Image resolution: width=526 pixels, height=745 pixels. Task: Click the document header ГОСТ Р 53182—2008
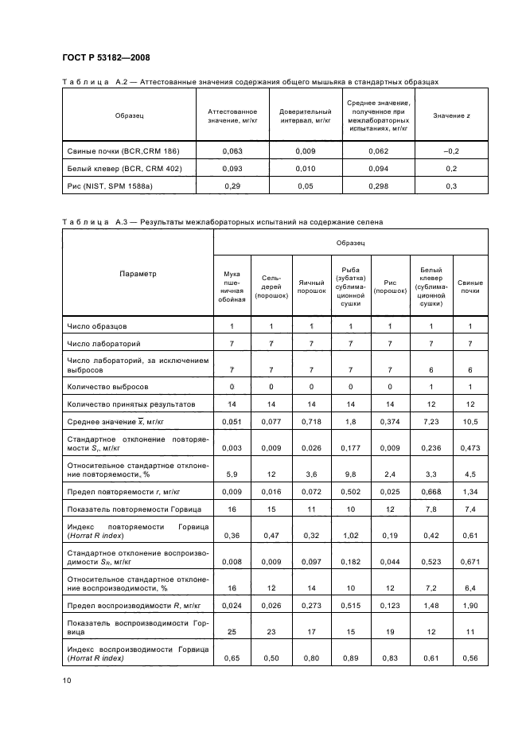tap(106, 57)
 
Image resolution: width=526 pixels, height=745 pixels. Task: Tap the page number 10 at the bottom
tap(66, 679)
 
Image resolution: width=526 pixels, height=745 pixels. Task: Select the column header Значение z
tap(451, 116)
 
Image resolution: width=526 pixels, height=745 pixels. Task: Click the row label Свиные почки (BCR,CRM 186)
tap(121, 151)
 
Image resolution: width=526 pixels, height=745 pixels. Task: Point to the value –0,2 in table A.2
tap(451, 151)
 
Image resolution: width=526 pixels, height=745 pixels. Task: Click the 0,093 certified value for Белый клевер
tap(232, 169)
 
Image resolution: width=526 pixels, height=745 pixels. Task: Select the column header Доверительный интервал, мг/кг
tap(306, 116)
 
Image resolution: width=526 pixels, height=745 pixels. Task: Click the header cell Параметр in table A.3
tap(138, 274)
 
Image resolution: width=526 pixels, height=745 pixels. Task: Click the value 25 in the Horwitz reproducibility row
tap(232, 632)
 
